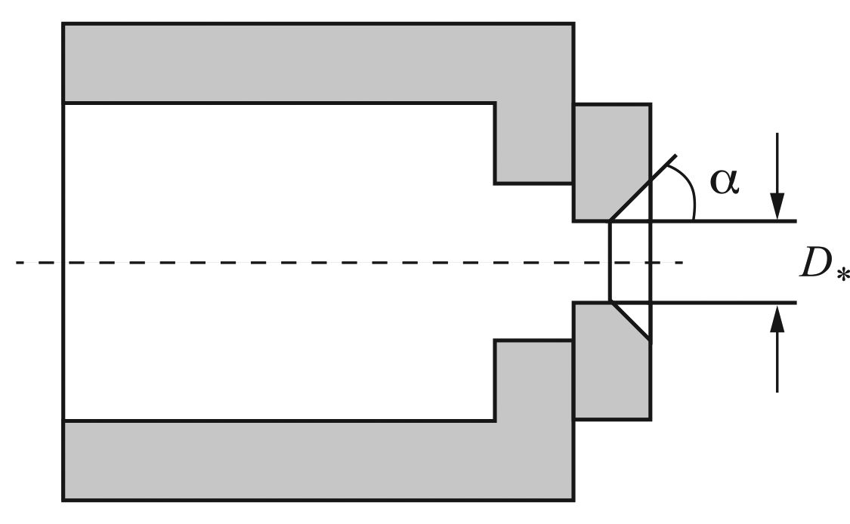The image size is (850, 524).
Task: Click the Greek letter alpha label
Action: tap(725, 181)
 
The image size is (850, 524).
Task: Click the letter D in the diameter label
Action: tap(817, 264)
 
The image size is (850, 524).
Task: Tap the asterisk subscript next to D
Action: tap(842, 276)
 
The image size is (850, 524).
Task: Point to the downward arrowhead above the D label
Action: tap(777, 206)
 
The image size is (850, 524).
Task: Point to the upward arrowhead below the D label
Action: tap(777, 318)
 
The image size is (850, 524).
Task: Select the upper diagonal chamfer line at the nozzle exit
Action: tap(644, 188)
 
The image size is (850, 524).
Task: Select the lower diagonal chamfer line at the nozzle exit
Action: tap(630, 321)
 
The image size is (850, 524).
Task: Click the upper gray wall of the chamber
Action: tap(319, 63)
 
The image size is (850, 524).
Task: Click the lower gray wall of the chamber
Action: tap(319, 461)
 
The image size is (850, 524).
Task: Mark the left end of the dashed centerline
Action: tap(17, 263)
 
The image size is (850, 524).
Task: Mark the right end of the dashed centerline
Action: tap(682, 263)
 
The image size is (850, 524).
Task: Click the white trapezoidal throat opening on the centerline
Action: tap(629, 262)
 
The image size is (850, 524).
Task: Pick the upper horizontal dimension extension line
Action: tap(723, 221)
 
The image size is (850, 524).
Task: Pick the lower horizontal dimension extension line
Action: tap(723, 302)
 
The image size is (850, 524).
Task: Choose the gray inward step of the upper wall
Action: tap(534, 143)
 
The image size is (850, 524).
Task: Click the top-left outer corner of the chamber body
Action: tap(63, 23)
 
